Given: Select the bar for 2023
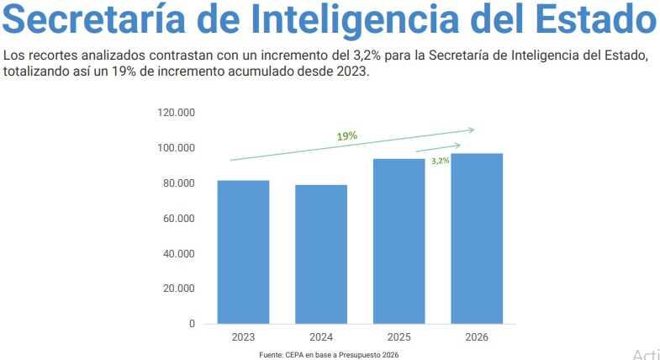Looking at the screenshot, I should [x=243, y=251].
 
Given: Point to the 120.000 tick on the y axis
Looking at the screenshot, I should [x=176, y=113].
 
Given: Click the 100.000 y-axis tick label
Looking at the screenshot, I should [x=176, y=148].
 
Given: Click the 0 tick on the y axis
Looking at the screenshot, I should [x=192, y=324].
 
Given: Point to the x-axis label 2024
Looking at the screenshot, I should [x=321, y=337].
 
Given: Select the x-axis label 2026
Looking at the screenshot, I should [x=477, y=337].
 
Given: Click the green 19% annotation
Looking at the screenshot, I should [x=347, y=135].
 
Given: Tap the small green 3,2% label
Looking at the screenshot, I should [x=441, y=160].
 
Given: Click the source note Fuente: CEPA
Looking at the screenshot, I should [x=329, y=355].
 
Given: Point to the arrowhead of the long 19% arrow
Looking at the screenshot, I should [x=472, y=130].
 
